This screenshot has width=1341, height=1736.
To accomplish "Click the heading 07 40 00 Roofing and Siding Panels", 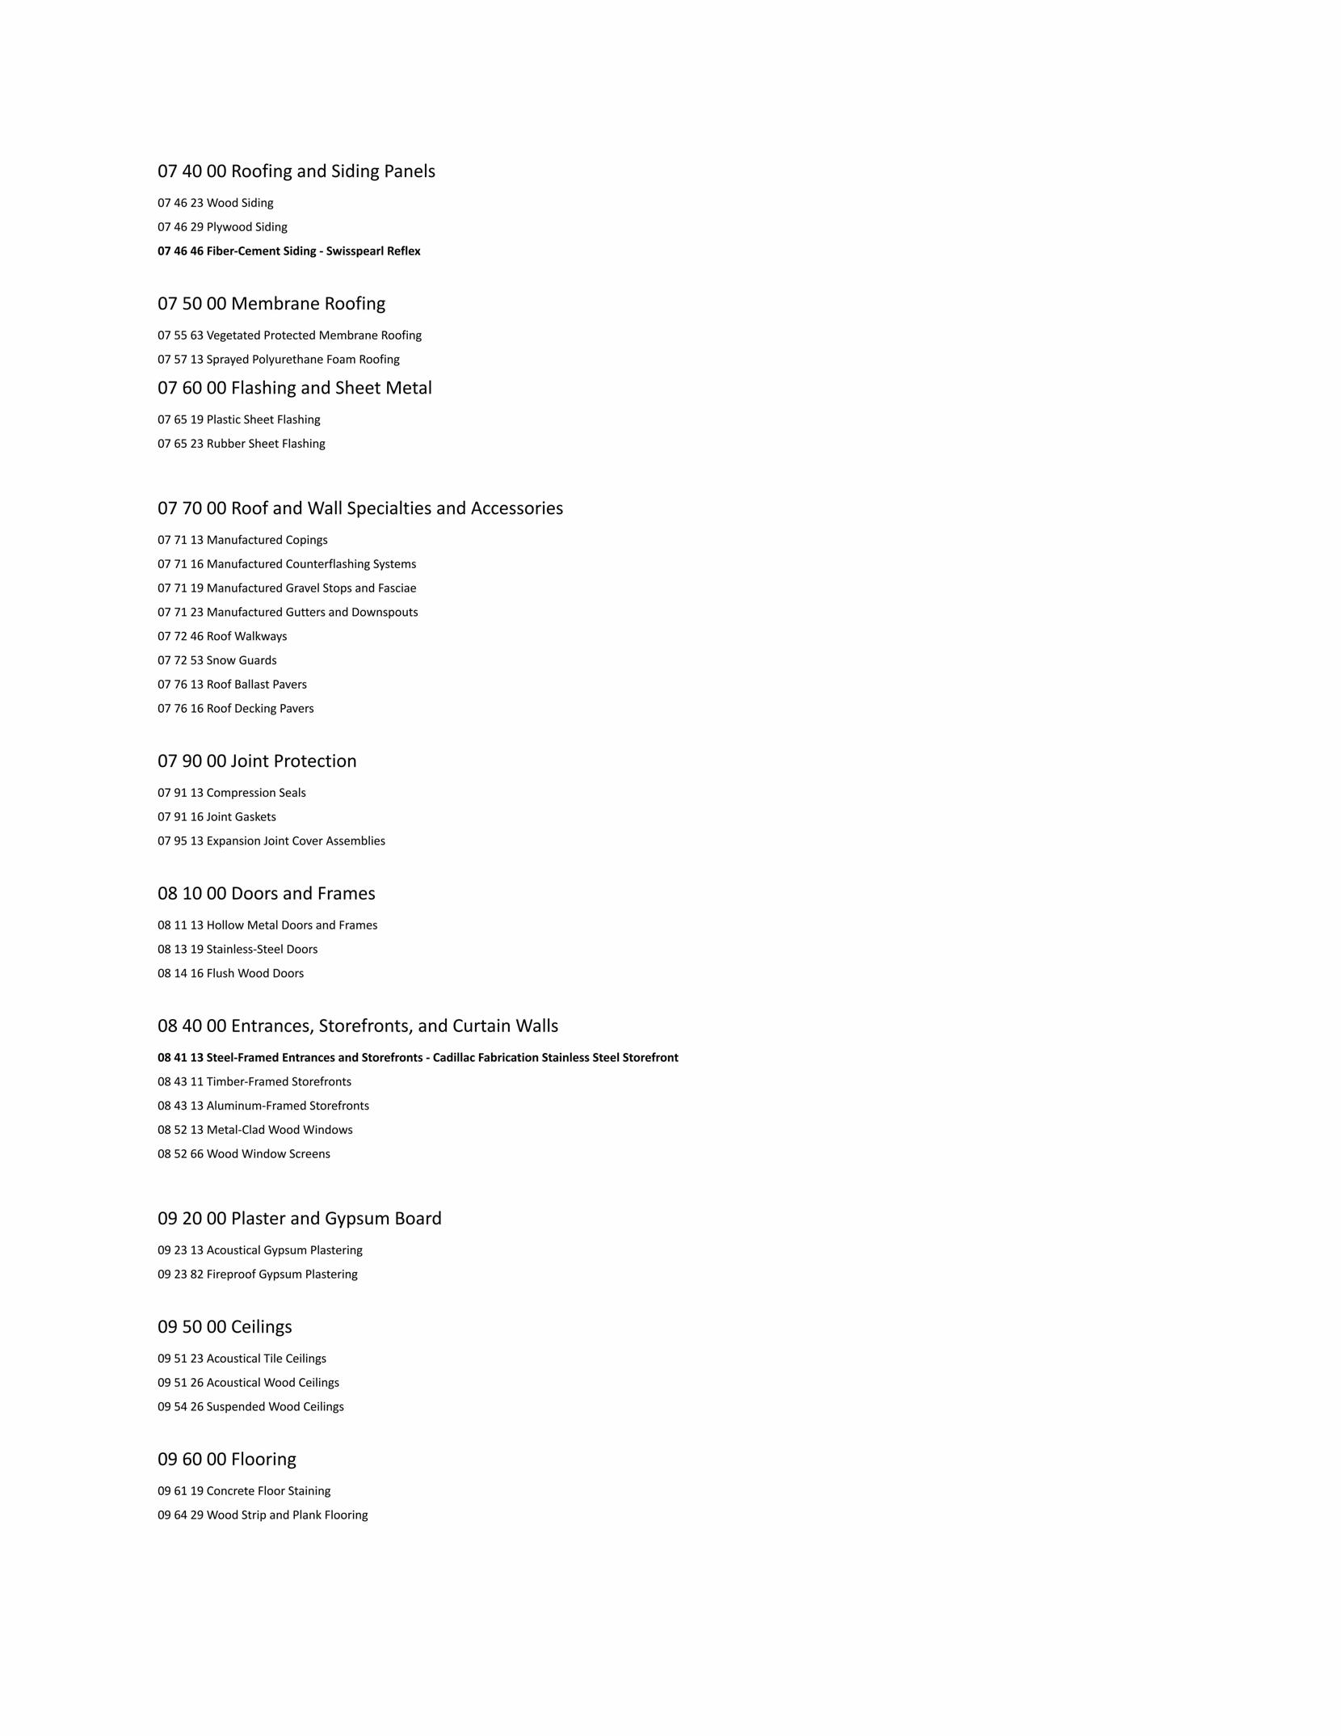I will coord(296,171).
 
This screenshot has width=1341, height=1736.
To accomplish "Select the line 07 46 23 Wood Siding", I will coord(215,203).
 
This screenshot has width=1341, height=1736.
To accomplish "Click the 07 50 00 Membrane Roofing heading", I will coord(271,304).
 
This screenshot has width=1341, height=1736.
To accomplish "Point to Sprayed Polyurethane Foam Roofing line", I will coord(278,360).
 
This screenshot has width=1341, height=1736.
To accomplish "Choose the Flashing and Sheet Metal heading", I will coord(294,388).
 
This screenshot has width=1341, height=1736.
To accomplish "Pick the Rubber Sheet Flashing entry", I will coord(241,444).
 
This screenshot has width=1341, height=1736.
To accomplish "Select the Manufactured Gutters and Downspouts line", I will coord(288,613).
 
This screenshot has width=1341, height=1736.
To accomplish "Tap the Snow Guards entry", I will coord(216,660).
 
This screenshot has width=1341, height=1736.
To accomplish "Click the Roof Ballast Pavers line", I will coord(232,685).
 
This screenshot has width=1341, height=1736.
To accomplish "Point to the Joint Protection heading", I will coord(257,761).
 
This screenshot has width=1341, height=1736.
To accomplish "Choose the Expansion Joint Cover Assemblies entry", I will coord(271,841).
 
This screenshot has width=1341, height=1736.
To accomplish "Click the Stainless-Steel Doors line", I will coord(238,950).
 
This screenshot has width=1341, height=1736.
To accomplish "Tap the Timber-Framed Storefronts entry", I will coord(254,1082).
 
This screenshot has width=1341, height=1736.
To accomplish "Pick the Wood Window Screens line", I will coord(243,1154).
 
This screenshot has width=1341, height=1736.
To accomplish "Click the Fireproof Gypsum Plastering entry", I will coord(257,1275).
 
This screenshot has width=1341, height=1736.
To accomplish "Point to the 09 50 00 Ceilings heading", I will coord(225,1327).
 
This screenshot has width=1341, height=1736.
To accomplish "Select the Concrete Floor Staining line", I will coord(243,1491).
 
